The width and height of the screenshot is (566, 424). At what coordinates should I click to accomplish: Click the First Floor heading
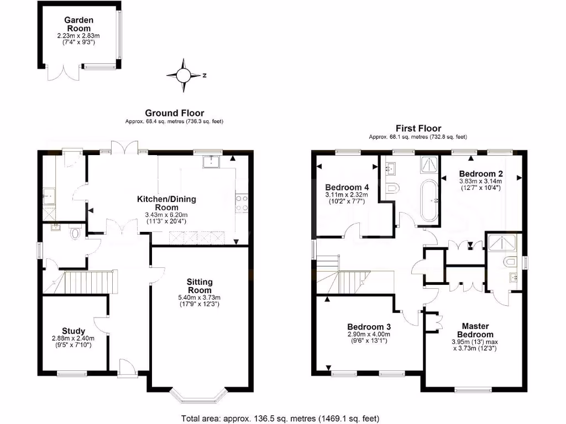418,128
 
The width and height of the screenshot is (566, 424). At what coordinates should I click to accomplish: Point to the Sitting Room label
200,286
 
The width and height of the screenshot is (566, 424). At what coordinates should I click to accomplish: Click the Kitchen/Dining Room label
166,203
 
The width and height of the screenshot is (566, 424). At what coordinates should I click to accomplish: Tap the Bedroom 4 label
347,187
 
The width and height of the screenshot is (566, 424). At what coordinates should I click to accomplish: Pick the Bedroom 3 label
369,326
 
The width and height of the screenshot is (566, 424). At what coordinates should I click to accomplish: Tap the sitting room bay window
199,395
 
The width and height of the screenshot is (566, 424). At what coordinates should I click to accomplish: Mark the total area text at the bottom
280,418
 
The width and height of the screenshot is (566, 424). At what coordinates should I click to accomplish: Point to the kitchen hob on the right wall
242,203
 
